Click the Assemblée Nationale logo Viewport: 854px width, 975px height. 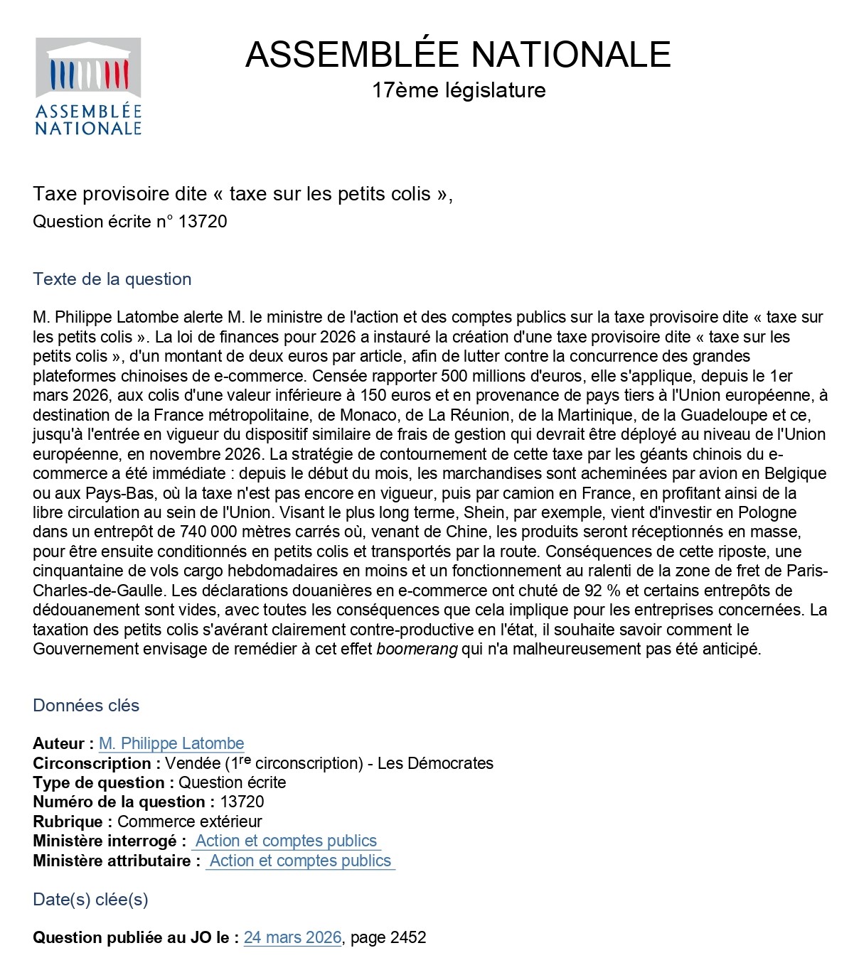[88, 87]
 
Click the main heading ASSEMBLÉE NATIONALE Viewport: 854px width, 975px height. [458, 55]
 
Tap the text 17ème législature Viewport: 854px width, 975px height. [459, 90]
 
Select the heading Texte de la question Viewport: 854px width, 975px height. [112, 279]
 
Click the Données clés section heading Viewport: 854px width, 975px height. [86, 705]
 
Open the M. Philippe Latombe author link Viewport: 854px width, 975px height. [171, 743]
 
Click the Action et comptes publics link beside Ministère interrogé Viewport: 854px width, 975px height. [286, 841]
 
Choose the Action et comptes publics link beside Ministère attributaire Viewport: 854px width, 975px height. [300, 861]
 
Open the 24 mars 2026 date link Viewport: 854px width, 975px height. [292, 937]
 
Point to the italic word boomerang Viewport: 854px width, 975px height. [417, 649]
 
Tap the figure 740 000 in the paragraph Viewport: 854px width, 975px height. [211, 532]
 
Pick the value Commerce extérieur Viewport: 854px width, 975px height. [190, 822]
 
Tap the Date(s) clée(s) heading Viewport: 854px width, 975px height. [90, 899]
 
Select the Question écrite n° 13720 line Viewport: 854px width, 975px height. [130, 222]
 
